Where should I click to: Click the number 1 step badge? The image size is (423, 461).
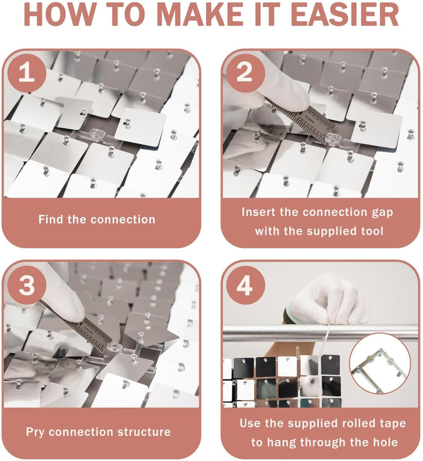pyautogui.click(x=27, y=73)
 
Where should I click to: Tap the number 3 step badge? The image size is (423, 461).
pyautogui.click(x=27, y=286)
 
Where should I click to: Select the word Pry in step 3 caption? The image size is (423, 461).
pyautogui.click(x=35, y=432)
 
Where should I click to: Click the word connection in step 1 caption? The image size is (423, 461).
pyautogui.click(x=123, y=219)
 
